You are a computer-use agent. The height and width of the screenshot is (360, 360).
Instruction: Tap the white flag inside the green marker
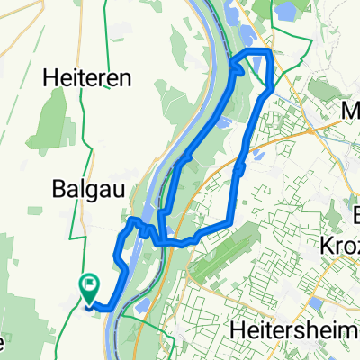click(x=90, y=284)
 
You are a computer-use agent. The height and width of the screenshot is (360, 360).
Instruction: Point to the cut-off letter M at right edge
click(x=352, y=110)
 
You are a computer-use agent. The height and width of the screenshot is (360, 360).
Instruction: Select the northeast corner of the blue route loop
click(x=269, y=52)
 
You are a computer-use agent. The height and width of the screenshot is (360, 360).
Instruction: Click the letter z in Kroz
click(x=354, y=245)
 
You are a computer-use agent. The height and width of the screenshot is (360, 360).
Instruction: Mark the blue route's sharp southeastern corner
click(x=233, y=223)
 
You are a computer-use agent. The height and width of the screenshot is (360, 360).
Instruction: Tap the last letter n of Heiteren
click(x=124, y=78)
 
